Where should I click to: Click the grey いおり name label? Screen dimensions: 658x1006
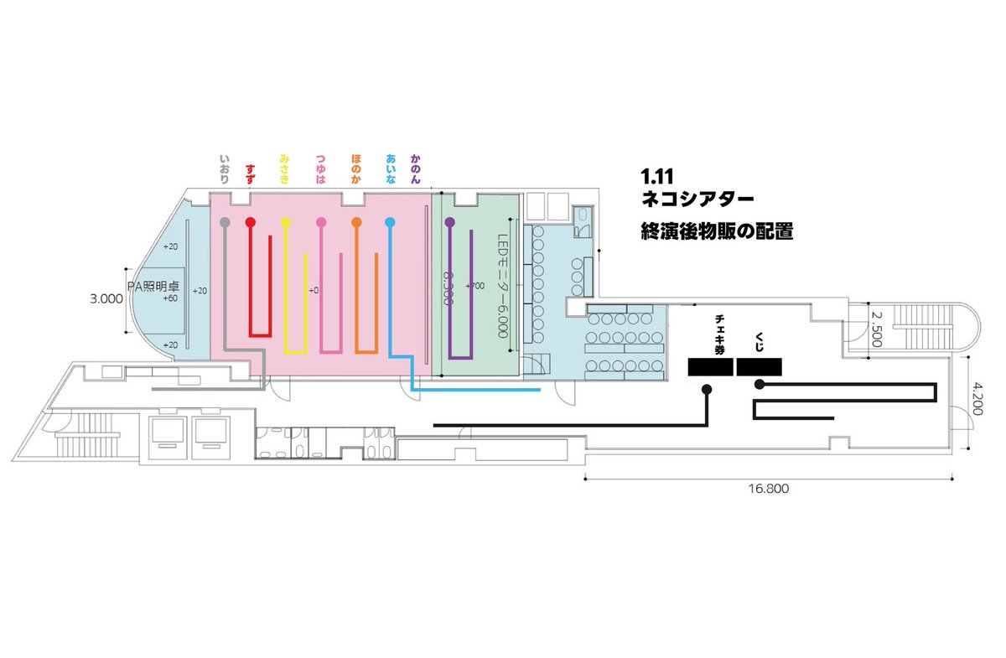(x=225, y=168)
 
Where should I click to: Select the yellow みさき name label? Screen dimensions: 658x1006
(x=285, y=168)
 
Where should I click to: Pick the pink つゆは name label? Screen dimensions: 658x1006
(x=320, y=168)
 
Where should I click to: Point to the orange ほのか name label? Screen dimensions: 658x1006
(x=356, y=168)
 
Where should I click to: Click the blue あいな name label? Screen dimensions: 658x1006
(x=391, y=168)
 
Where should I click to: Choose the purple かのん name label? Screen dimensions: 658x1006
(x=415, y=168)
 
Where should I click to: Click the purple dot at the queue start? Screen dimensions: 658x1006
(x=449, y=222)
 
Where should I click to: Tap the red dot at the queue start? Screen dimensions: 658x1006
(x=250, y=222)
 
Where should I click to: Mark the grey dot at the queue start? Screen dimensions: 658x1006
(x=224, y=222)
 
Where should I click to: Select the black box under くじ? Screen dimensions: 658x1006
(x=760, y=366)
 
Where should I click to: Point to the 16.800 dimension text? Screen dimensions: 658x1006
(x=769, y=490)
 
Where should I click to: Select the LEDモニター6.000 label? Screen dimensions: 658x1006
(x=503, y=285)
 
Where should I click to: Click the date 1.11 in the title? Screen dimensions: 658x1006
(x=657, y=178)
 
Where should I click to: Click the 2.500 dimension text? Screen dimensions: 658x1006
(x=876, y=329)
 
